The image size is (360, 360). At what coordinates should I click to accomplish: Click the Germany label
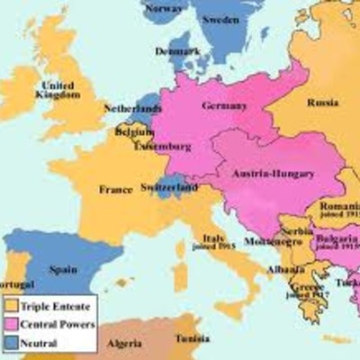[x=224, y=105]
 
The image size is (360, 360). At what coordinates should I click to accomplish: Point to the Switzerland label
[x=169, y=187]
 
